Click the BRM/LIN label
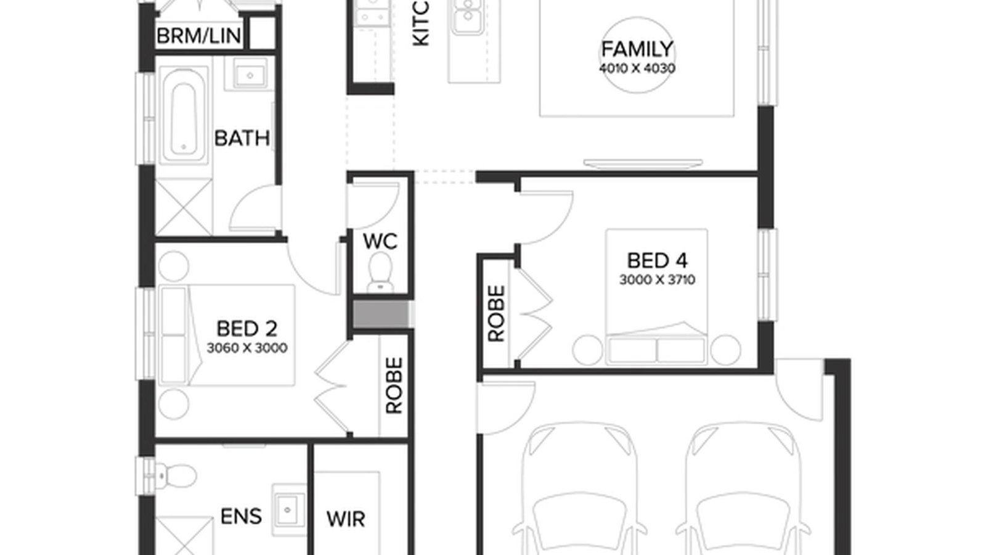pyautogui.click(x=198, y=36)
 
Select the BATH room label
pyautogui.click(x=242, y=138)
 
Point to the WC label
pyautogui.click(x=380, y=241)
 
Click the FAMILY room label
pyautogui.click(x=637, y=49)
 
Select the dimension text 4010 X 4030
pyautogui.click(x=637, y=68)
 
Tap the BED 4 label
pyautogui.click(x=657, y=260)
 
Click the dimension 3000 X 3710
pyautogui.click(x=657, y=280)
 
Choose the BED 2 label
pyautogui.click(x=246, y=328)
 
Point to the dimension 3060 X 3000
pyautogui.click(x=246, y=348)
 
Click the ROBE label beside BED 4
pyautogui.click(x=496, y=313)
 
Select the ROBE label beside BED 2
pyautogui.click(x=394, y=385)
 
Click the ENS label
pyautogui.click(x=241, y=516)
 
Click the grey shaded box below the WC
pyautogui.click(x=380, y=314)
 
